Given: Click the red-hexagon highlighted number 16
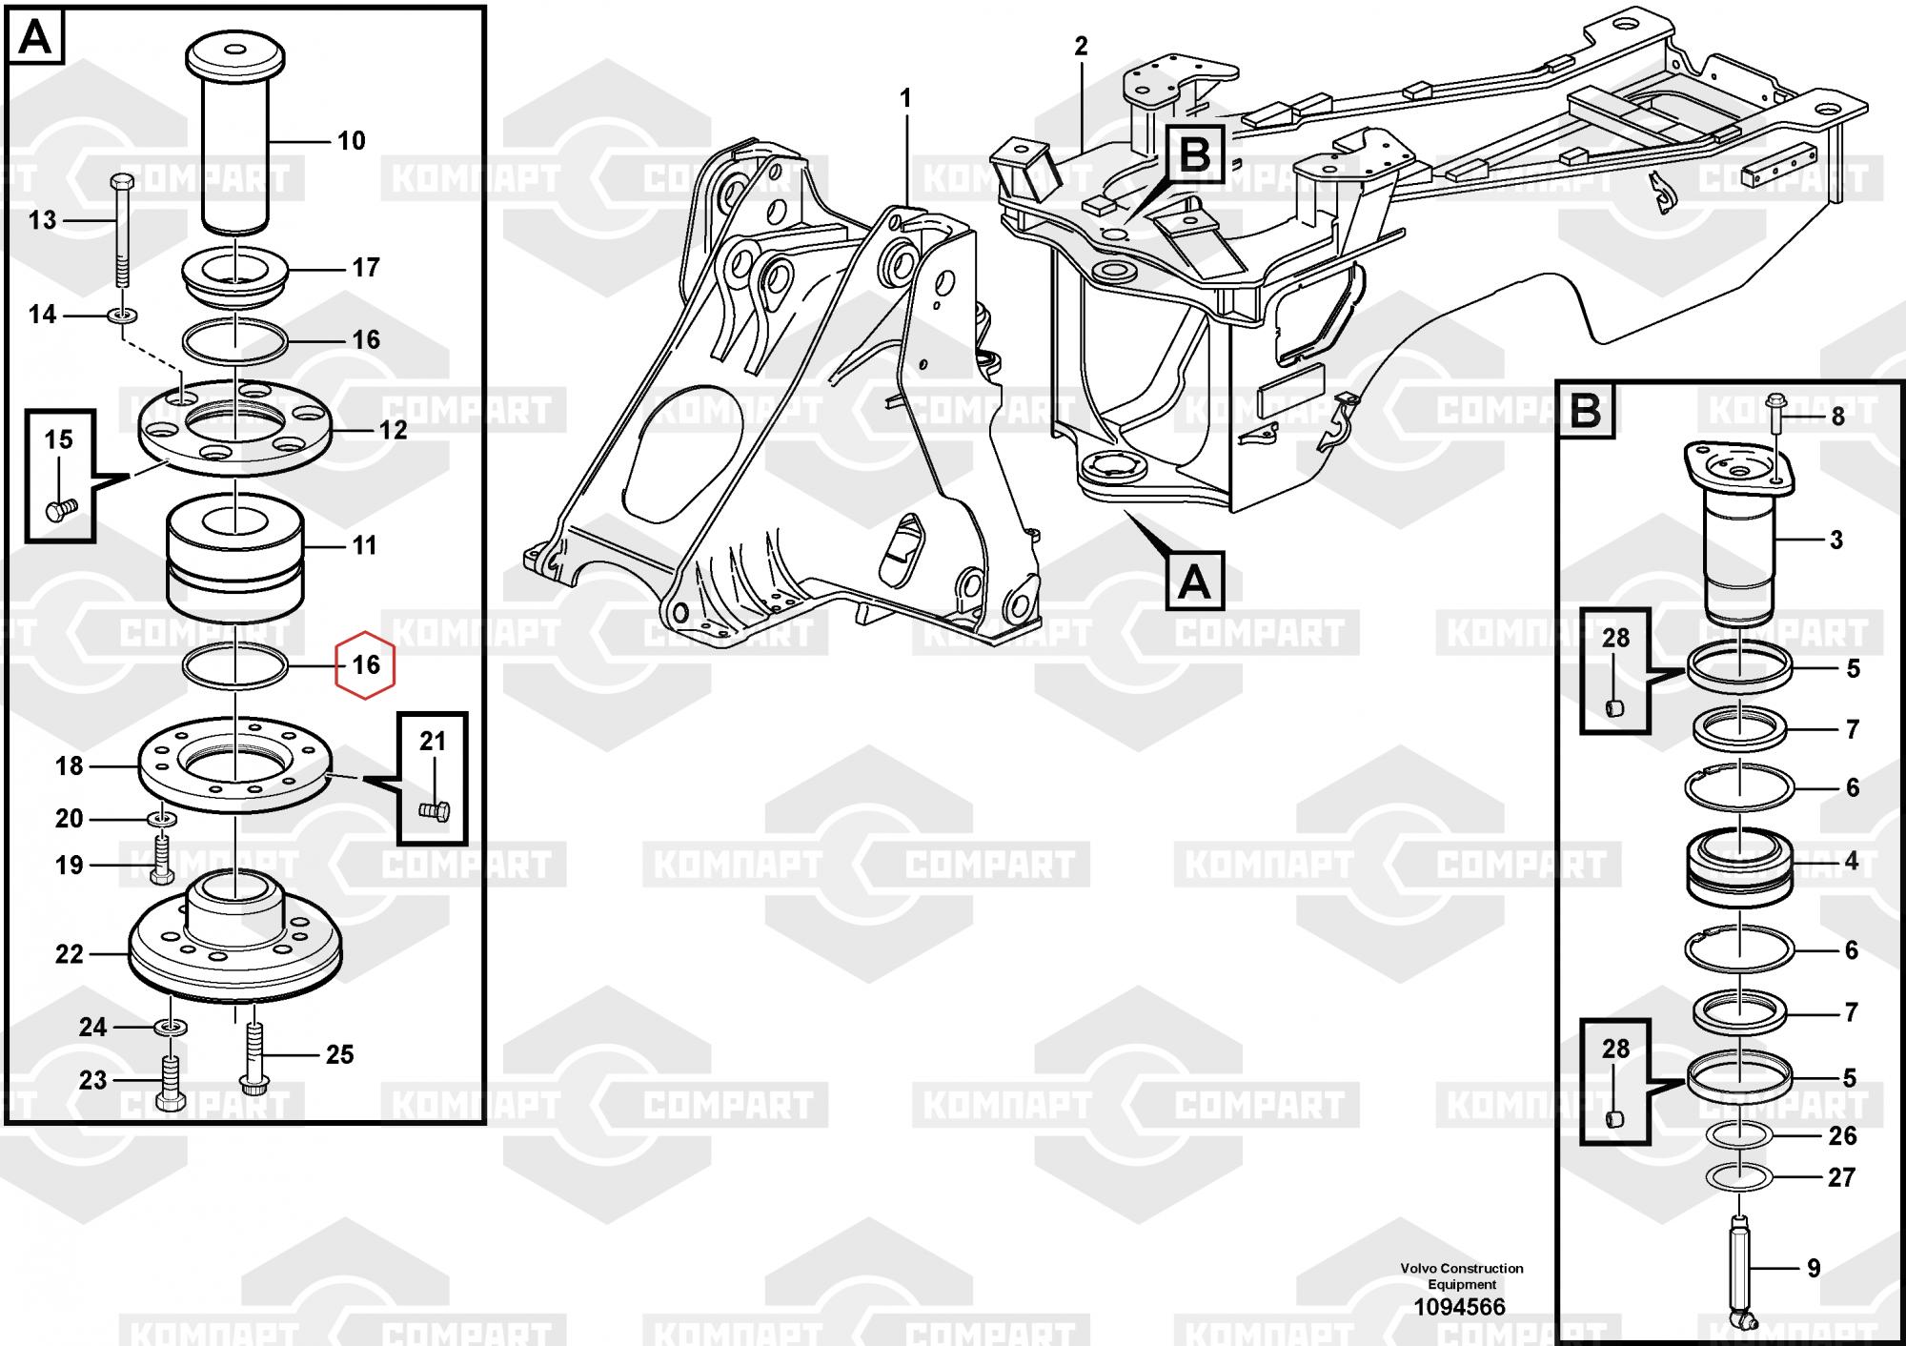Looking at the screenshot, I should tap(366, 664).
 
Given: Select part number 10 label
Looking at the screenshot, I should tap(352, 141).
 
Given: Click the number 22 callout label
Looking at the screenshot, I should tap(70, 954).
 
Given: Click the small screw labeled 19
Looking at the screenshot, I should tap(161, 860).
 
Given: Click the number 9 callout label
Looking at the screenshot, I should tap(1814, 1268).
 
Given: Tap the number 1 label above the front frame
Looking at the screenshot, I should tap(905, 98).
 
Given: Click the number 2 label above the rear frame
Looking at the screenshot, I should tap(1081, 47).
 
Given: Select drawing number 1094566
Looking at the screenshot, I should tap(1460, 1306).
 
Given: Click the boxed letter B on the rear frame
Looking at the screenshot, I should tap(1195, 153).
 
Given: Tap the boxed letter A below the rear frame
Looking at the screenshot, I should tap(1195, 581).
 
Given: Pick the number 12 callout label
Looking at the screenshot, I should tap(393, 430).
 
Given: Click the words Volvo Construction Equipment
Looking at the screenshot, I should tap(1462, 1276).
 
